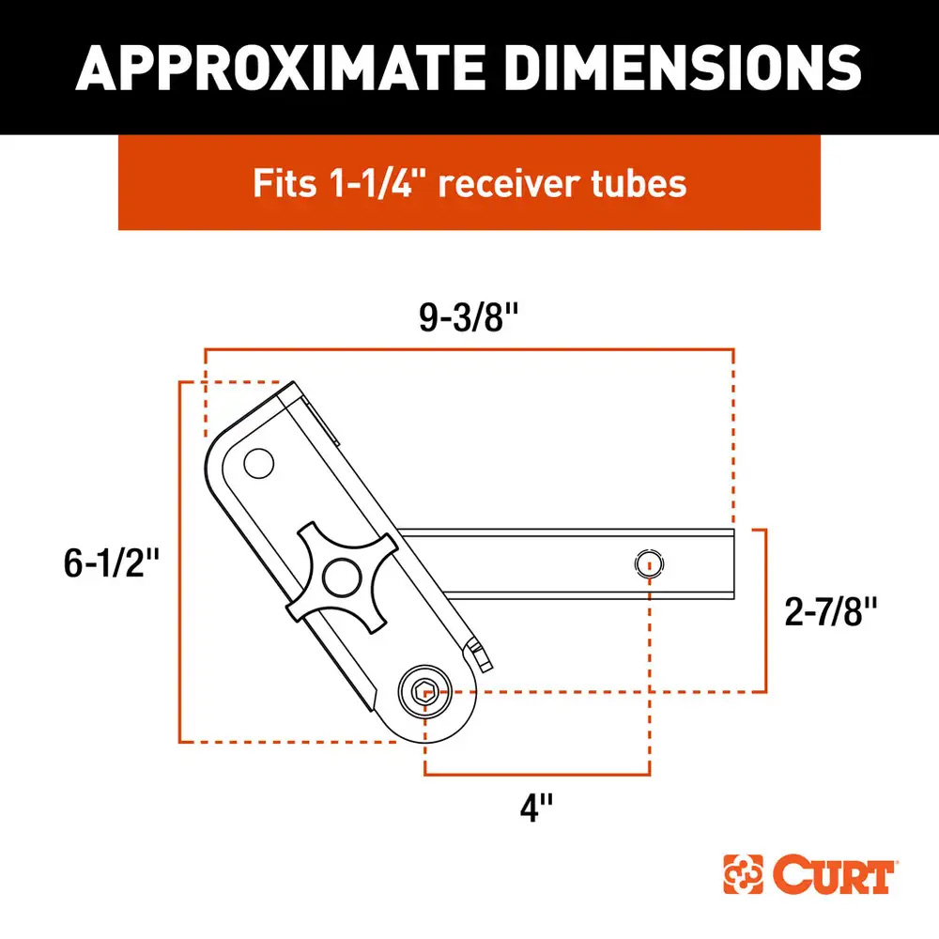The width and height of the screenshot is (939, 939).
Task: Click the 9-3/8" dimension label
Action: click(x=469, y=319)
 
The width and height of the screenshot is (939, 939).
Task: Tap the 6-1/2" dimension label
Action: click(x=109, y=563)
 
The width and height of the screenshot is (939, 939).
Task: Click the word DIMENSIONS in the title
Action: click(x=675, y=66)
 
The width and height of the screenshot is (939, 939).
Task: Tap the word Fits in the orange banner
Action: click(x=284, y=183)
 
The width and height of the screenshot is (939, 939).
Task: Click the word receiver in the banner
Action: click(x=508, y=183)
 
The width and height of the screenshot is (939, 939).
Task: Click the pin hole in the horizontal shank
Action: click(x=647, y=564)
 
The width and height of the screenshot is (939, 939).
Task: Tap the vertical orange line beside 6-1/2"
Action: click(x=179, y=563)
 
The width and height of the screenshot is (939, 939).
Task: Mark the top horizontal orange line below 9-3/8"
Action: click(x=469, y=349)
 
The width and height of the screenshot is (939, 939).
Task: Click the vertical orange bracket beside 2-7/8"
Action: click(x=768, y=610)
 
